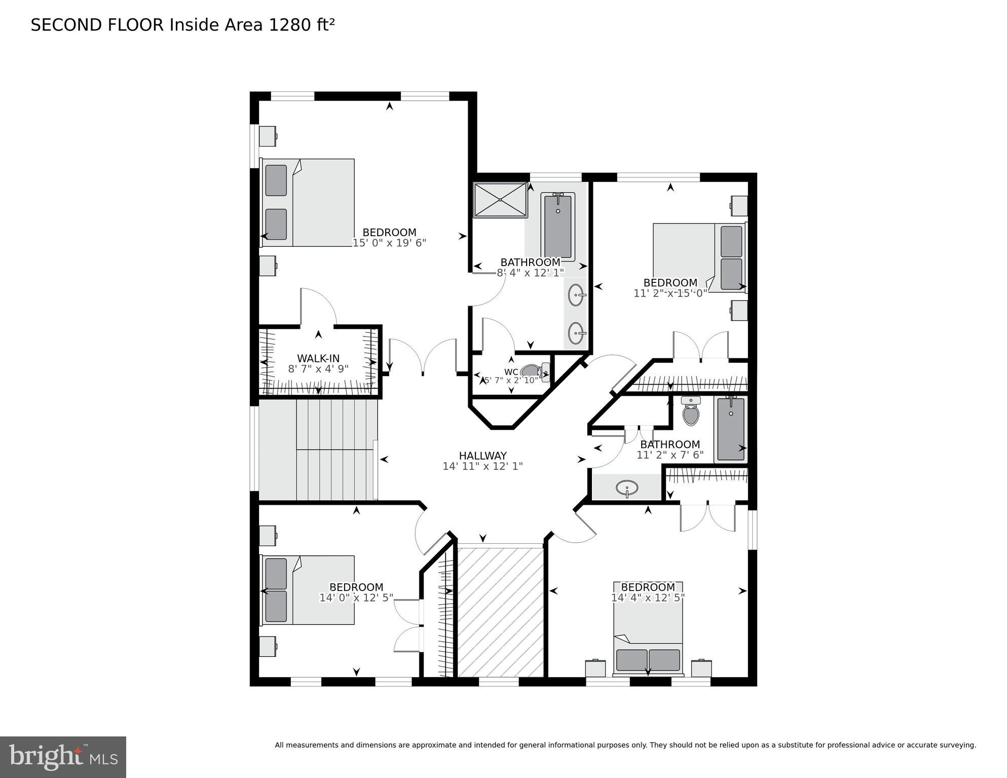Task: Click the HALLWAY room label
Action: click(x=482, y=456)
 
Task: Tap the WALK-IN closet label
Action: click(x=318, y=358)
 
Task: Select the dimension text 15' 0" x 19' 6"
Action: click(x=389, y=243)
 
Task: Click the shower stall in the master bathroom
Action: click(x=500, y=200)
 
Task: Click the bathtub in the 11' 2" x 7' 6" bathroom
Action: click(x=731, y=429)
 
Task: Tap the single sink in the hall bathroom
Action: click(x=627, y=488)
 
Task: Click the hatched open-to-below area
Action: click(x=500, y=610)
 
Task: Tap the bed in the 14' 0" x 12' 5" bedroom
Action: click(x=308, y=589)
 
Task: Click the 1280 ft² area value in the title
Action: click(x=302, y=25)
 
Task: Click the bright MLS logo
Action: click(x=63, y=757)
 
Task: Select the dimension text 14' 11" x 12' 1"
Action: click(x=482, y=466)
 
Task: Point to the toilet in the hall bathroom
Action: click(x=691, y=412)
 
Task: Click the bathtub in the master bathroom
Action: click(x=557, y=226)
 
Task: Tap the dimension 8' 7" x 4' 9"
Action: click(x=318, y=369)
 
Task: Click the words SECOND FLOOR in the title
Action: click(x=97, y=25)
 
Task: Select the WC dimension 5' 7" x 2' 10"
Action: click(x=511, y=380)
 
